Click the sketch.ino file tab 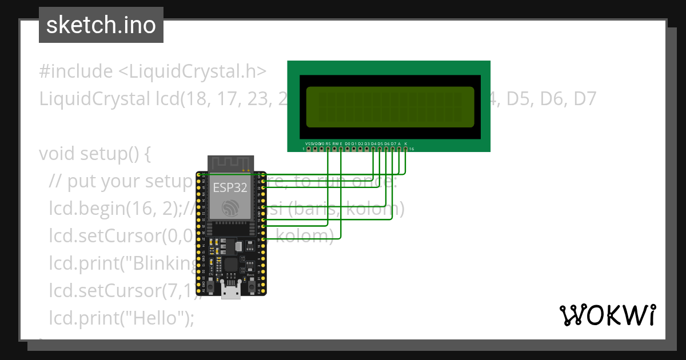(x=101, y=25)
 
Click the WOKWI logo (x=607, y=315)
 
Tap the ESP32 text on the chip (x=229, y=187)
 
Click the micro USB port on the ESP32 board (x=231, y=292)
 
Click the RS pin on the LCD (x=328, y=149)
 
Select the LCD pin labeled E (x=341, y=149)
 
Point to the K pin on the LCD (x=405, y=149)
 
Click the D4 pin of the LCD (x=373, y=149)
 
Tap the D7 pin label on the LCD (x=393, y=143)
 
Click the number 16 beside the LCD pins (x=412, y=149)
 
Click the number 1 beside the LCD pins (x=304, y=149)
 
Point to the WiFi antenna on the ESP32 (x=229, y=163)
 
